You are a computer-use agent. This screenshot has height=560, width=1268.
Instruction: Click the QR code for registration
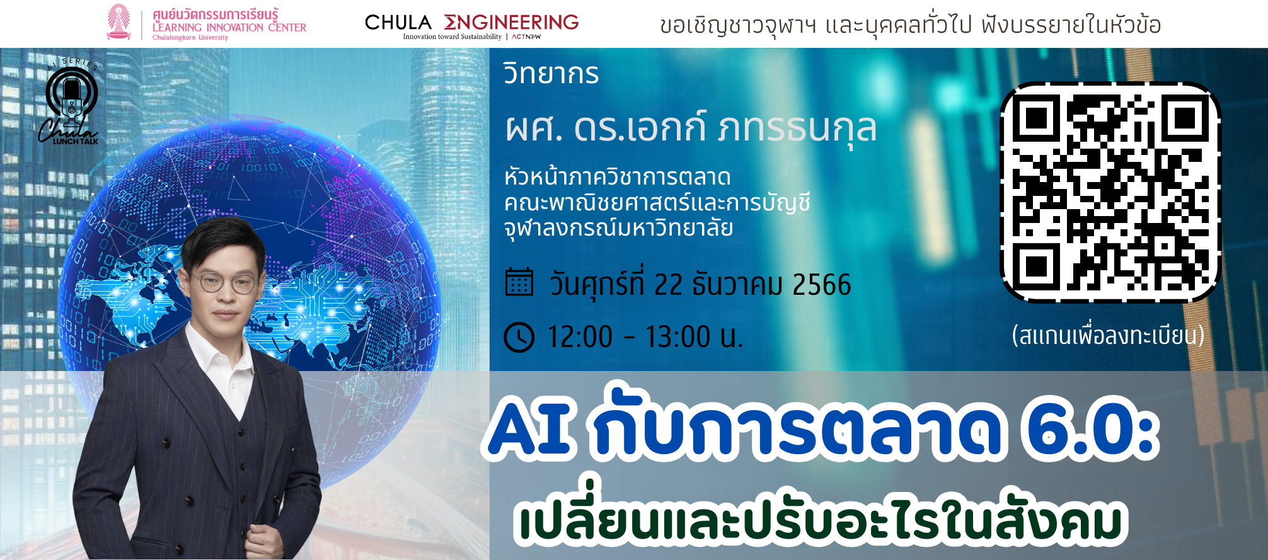click(x=1110, y=192)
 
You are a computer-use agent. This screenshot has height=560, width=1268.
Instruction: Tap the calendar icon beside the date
click(x=519, y=282)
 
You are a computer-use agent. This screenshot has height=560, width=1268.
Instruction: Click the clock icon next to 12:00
click(x=519, y=337)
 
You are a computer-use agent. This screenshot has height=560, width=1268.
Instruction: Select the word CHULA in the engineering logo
click(x=398, y=23)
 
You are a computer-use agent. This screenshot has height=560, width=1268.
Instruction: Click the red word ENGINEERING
click(x=511, y=23)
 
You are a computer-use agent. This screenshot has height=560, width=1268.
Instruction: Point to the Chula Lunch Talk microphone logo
click(x=71, y=101)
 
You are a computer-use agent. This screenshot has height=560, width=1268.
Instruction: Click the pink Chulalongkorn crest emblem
click(x=118, y=22)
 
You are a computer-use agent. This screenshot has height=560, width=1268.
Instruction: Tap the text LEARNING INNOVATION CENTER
click(x=229, y=28)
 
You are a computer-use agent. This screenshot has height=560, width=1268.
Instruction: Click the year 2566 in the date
click(x=822, y=285)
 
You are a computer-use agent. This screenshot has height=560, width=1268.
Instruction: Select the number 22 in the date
click(x=669, y=285)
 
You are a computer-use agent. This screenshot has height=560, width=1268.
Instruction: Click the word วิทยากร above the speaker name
click(x=551, y=73)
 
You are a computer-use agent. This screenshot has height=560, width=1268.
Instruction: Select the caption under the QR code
click(x=1108, y=335)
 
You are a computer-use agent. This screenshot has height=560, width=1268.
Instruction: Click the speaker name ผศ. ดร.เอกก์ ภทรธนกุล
click(x=691, y=128)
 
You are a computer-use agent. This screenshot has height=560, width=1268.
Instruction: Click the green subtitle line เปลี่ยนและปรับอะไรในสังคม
click(x=820, y=520)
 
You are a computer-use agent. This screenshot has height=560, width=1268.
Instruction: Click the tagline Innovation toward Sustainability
click(x=452, y=37)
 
